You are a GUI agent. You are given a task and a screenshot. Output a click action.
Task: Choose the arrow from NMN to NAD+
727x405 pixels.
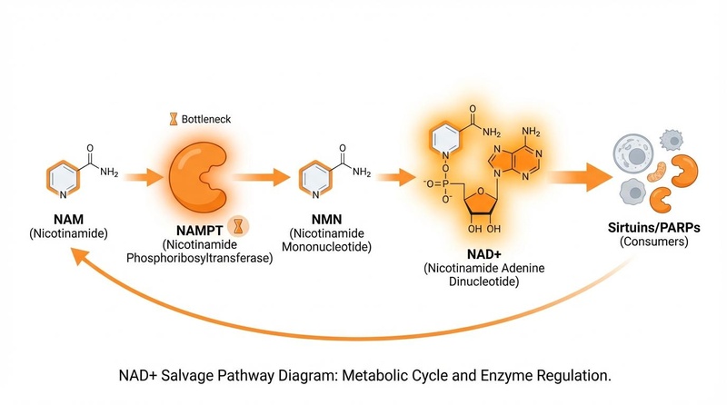[392, 173]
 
